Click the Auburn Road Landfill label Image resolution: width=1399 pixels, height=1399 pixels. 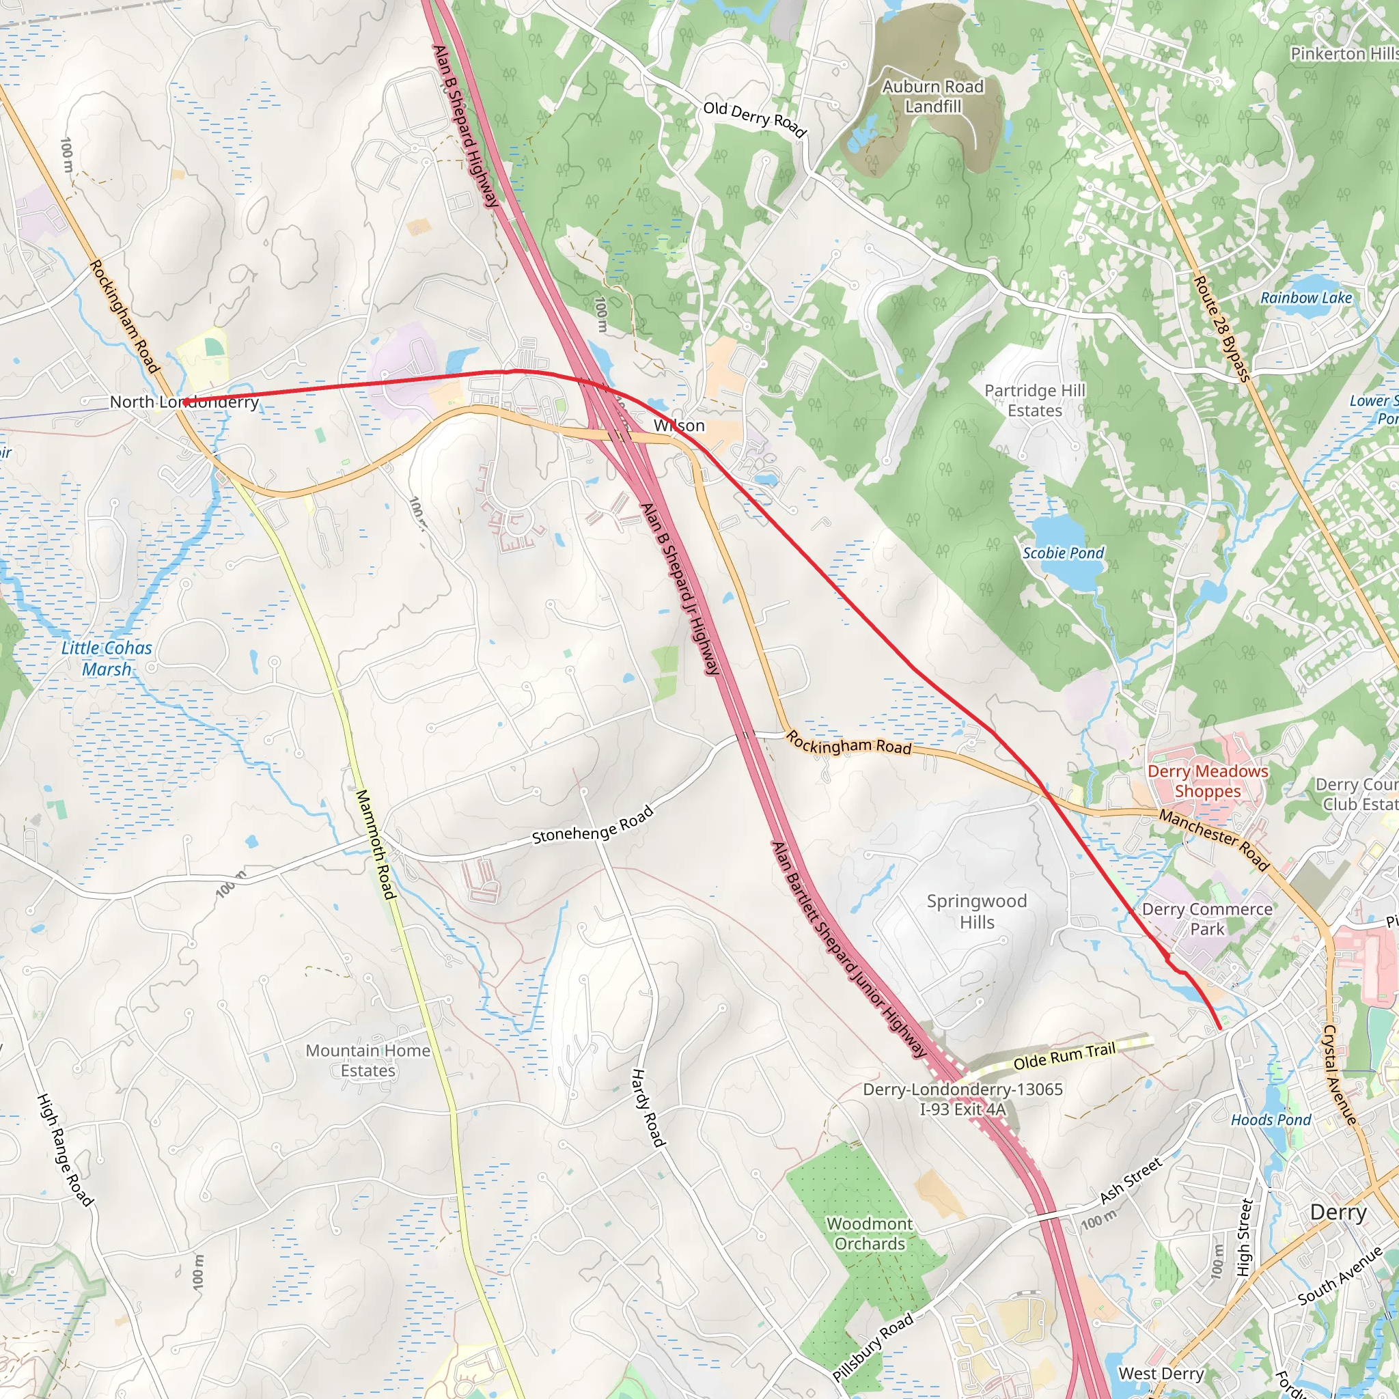(932, 96)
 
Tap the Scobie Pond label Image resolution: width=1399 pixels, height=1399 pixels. (1063, 553)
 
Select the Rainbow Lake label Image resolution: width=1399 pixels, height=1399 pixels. (1305, 298)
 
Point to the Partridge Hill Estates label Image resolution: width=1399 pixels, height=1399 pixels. (1035, 400)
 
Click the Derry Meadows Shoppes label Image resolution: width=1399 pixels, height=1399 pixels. (1208, 781)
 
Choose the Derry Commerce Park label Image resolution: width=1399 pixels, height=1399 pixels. (1206, 919)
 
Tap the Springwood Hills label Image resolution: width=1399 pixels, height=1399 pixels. (977, 912)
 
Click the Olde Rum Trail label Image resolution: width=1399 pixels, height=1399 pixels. (1064, 1057)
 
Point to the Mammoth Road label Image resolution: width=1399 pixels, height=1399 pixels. (376, 844)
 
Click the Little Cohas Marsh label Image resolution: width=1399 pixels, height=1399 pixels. (107, 659)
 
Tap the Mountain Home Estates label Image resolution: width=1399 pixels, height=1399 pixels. (368, 1060)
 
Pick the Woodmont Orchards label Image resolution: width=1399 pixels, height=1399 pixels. (869, 1233)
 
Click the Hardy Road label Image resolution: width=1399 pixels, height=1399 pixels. (648, 1107)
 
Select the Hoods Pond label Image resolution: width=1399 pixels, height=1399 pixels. (1271, 1120)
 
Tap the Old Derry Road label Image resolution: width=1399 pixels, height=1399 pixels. (755, 119)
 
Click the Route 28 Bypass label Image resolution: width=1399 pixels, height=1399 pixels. (1221, 328)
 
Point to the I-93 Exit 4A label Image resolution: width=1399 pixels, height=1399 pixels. (962, 1109)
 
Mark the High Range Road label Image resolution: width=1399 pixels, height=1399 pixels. (64, 1150)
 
